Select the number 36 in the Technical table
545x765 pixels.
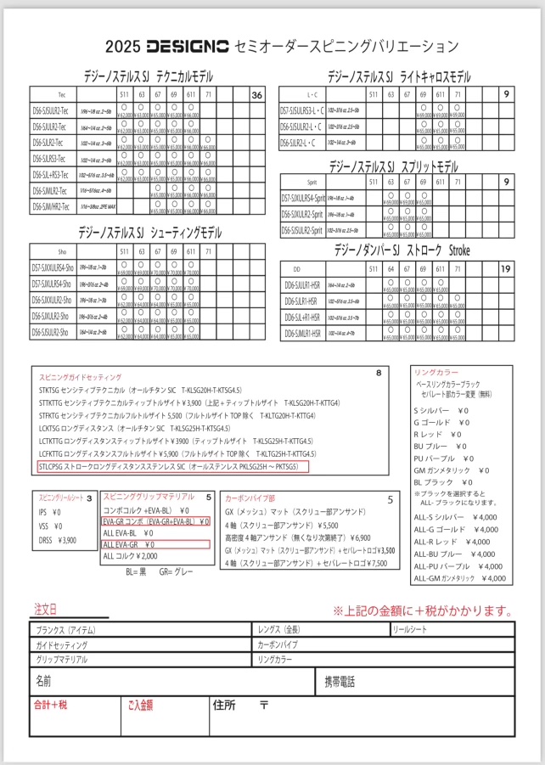(x=256, y=95)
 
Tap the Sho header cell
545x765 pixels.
(x=61, y=252)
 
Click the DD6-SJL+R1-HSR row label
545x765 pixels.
(x=302, y=318)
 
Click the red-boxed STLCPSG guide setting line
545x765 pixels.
(x=174, y=466)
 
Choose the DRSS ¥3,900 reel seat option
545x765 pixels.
(x=59, y=540)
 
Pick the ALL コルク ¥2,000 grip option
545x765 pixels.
(x=130, y=556)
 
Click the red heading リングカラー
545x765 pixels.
(x=435, y=373)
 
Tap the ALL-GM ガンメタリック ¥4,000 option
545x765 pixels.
(x=458, y=578)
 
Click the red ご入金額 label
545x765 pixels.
(x=139, y=704)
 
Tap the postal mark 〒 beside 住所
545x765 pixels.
(x=264, y=705)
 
